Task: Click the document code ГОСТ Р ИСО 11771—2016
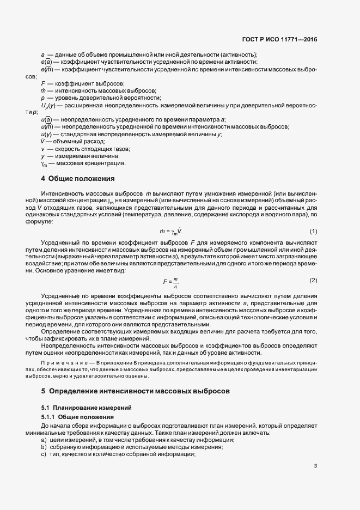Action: tap(279, 39)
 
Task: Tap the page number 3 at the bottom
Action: tap(315, 465)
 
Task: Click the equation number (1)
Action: tap(313, 232)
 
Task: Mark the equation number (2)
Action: tap(313, 280)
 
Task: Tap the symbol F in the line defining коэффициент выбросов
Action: tap(42, 83)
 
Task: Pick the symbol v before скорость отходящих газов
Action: tap(42, 149)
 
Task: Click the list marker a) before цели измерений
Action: tap(44, 439)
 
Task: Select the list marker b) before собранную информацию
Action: tap(44, 447)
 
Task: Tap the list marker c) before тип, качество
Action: tap(44, 454)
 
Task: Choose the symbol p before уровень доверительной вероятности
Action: tap(42, 98)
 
